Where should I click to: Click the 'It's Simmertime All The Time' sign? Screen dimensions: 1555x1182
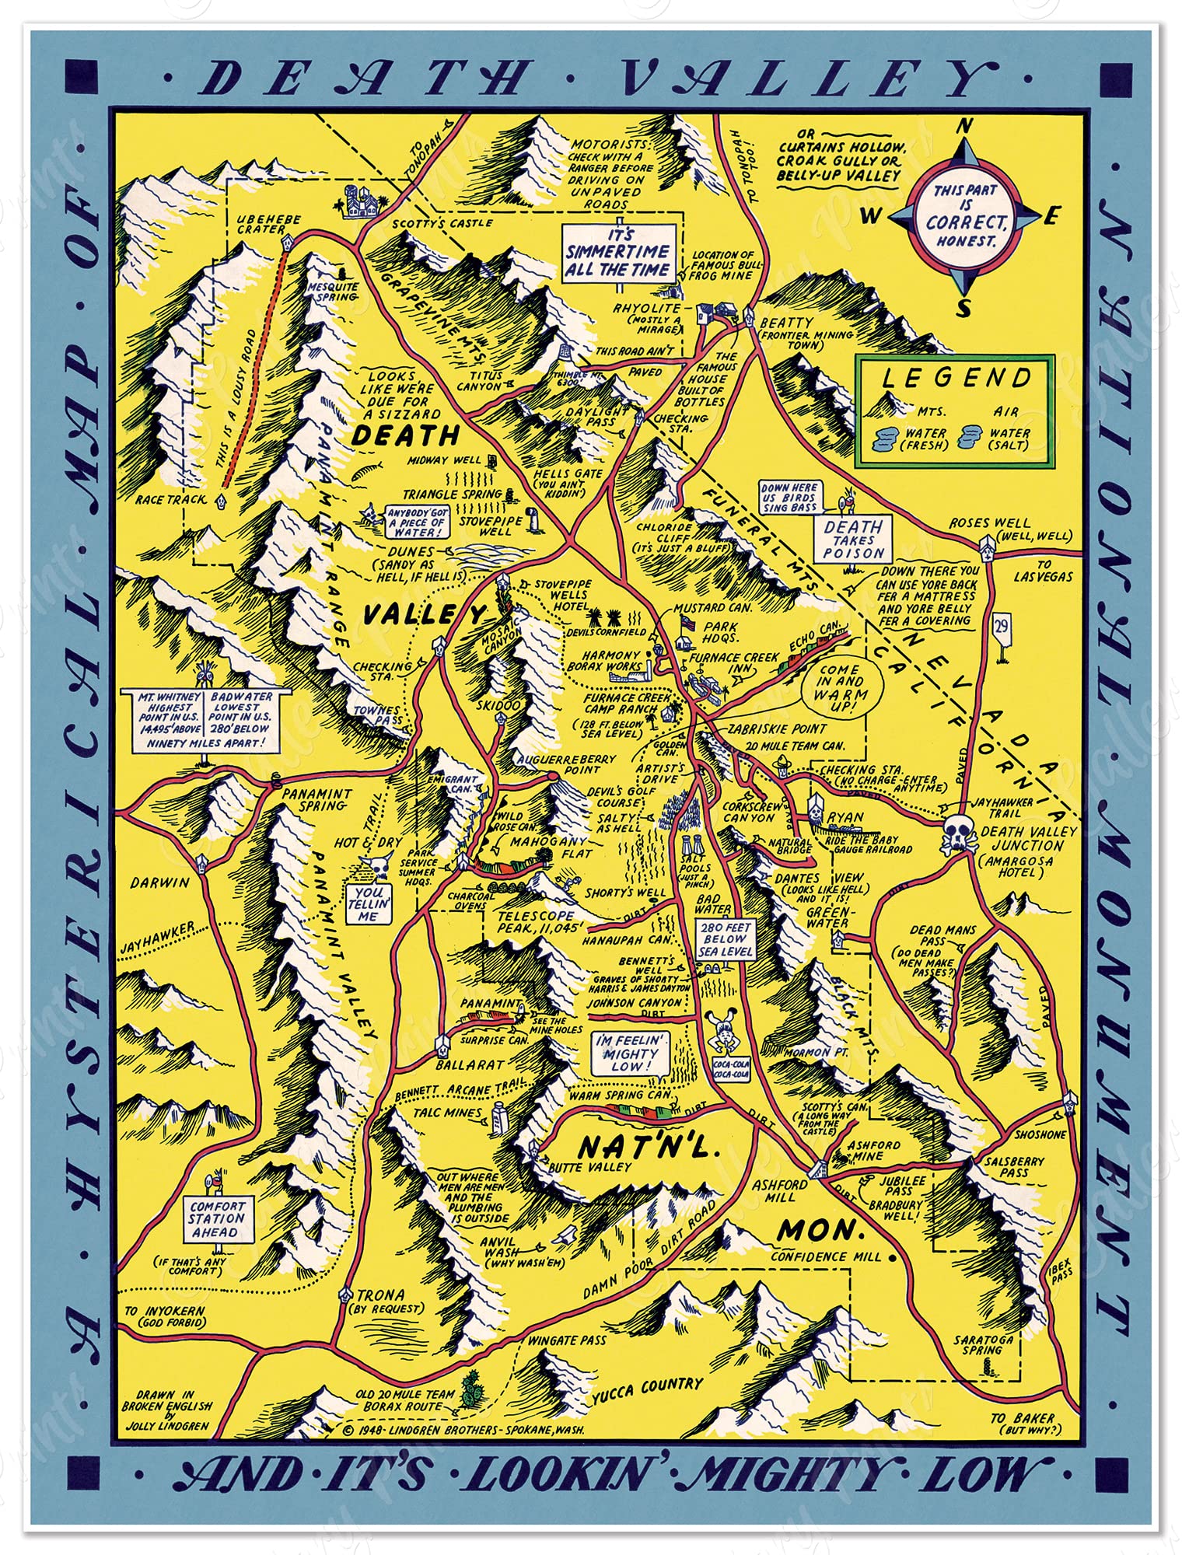[617, 253]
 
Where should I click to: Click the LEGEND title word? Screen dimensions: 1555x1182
[956, 379]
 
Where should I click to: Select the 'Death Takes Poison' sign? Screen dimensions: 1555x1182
[854, 540]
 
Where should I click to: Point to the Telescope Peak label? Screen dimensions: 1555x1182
[537, 922]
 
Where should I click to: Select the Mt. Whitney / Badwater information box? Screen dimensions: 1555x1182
[205, 720]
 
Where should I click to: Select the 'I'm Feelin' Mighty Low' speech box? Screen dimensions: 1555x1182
[628, 1053]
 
